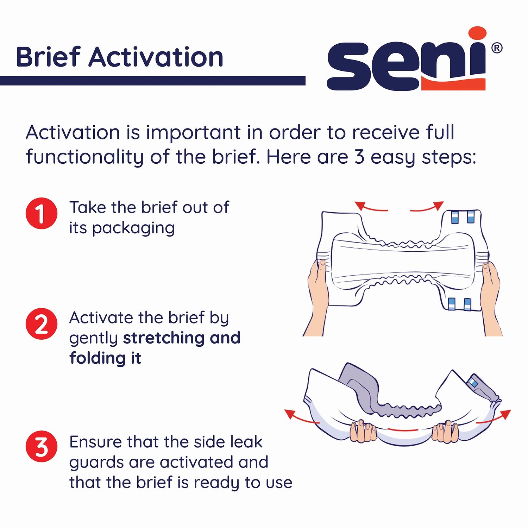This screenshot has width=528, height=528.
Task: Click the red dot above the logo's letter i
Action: [477, 36]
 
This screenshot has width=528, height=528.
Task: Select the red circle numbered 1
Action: [42, 213]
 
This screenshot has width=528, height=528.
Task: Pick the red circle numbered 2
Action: [42, 324]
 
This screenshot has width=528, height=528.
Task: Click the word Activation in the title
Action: [156, 57]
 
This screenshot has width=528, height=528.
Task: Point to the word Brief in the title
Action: [48, 57]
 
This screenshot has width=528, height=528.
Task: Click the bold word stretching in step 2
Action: [164, 338]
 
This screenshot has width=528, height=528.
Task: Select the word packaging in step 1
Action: [133, 228]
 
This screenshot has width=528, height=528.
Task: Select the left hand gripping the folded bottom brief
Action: [363, 431]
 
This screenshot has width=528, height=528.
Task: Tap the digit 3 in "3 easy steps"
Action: [359, 157]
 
